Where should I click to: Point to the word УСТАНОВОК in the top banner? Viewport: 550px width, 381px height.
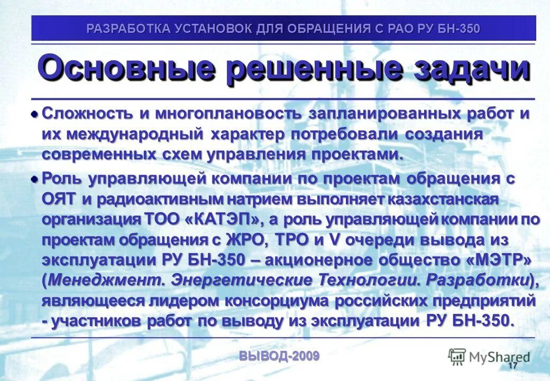211,29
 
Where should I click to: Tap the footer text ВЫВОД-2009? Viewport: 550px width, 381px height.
279,356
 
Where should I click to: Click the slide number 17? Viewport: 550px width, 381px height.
512,366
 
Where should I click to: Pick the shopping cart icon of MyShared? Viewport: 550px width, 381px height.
457,357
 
